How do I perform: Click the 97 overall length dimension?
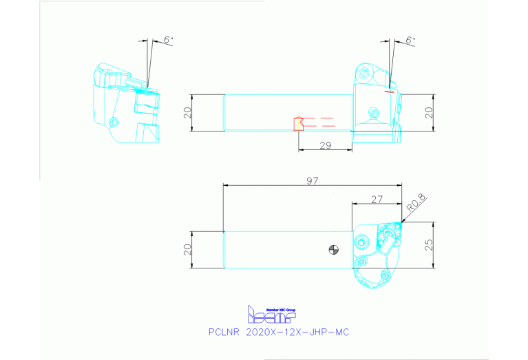click(x=313, y=180)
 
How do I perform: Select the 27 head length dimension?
click(x=377, y=198)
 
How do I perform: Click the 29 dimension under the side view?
click(x=326, y=145)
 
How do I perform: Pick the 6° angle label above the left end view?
click(x=168, y=41)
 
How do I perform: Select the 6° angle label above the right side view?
click(x=410, y=41)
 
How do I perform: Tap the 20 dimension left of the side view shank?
click(x=187, y=112)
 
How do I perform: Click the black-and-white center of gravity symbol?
click(x=334, y=250)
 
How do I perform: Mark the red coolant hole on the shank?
click(x=297, y=123)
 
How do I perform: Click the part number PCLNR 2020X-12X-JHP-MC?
click(x=279, y=332)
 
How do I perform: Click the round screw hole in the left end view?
click(x=114, y=123)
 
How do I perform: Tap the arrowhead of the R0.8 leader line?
click(x=401, y=221)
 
